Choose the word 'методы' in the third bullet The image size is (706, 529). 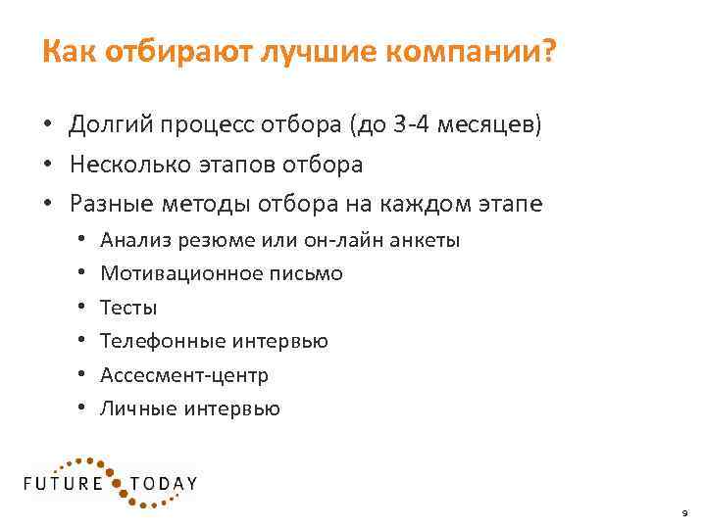(205, 204)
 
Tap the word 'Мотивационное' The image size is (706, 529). (180, 273)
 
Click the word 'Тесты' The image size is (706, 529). (128, 308)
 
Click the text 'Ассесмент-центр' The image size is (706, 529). (184, 375)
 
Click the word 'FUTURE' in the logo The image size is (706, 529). (64, 483)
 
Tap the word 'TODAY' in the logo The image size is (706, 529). (164, 483)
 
